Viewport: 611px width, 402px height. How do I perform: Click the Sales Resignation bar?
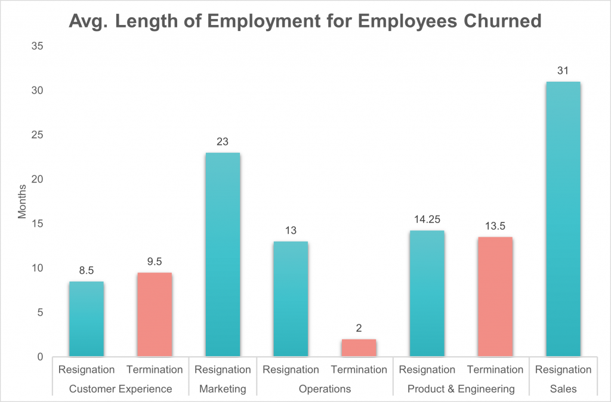[563, 219]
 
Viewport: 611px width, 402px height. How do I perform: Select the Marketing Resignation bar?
[223, 255]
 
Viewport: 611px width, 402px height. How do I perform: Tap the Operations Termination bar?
[359, 348]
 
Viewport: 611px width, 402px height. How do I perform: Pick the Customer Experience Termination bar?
[155, 314]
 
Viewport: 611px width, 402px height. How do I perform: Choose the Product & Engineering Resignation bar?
[427, 293]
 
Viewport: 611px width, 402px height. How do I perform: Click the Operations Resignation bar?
[291, 299]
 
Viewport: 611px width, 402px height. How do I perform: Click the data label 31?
[563, 70]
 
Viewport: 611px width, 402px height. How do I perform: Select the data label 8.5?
[87, 270]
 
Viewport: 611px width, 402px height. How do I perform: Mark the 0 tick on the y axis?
[39, 357]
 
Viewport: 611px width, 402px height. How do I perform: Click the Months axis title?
[23, 201]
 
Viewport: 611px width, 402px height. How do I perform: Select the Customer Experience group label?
[121, 389]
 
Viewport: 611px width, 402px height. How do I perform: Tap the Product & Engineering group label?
[461, 389]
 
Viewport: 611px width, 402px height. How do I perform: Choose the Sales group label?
[563, 389]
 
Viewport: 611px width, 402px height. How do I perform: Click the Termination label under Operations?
[359, 370]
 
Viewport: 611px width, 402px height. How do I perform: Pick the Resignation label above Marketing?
[223, 370]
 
